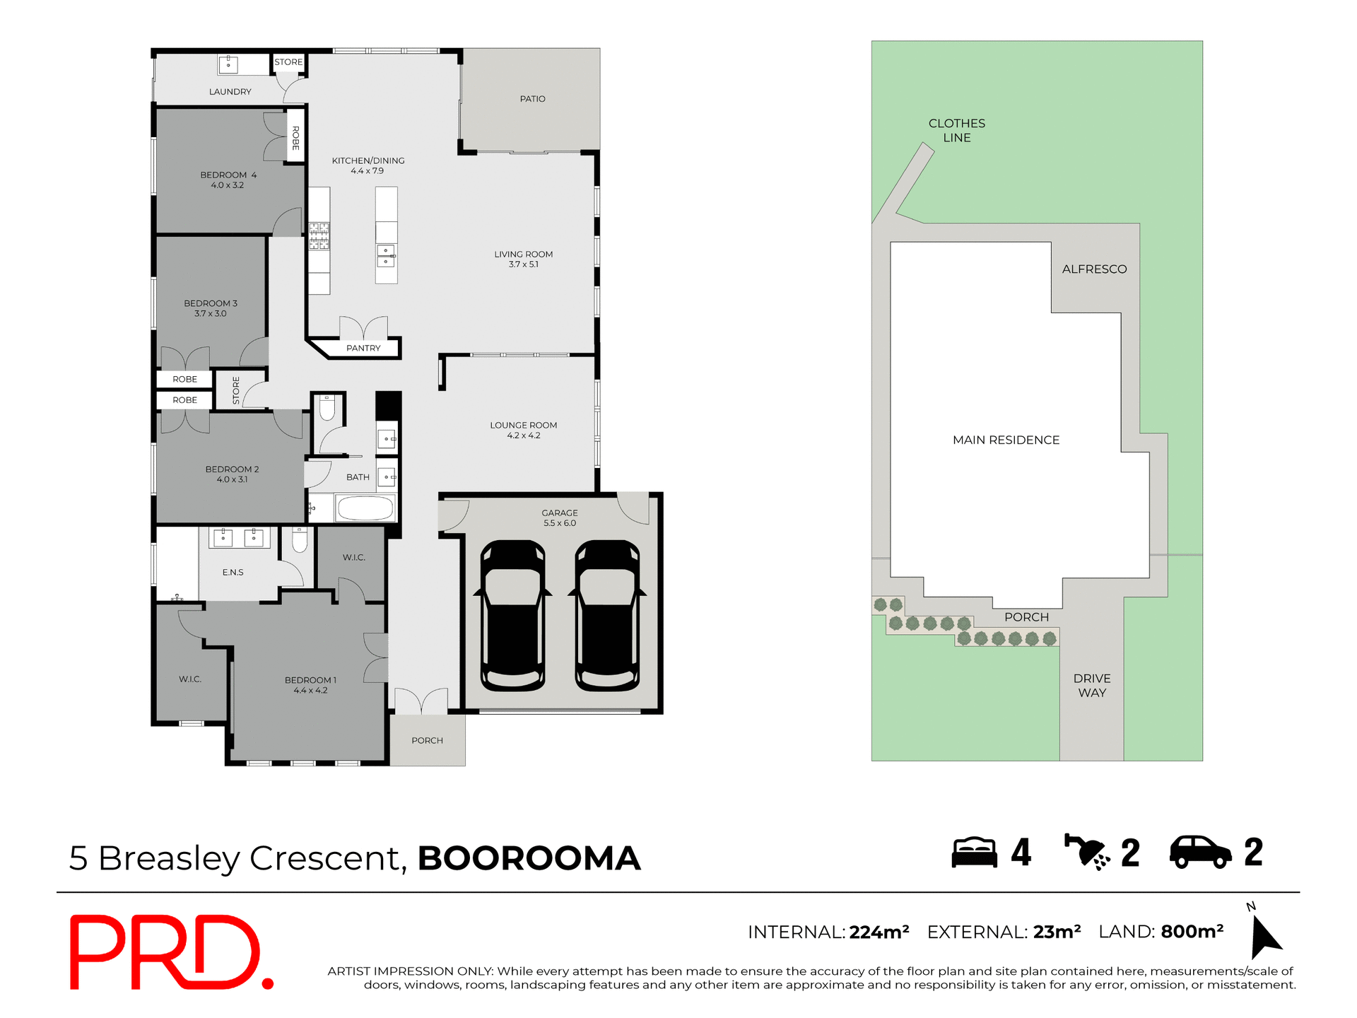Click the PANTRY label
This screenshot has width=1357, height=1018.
[x=363, y=348]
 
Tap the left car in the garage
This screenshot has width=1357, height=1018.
[x=512, y=616]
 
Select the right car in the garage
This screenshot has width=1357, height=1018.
[x=607, y=616]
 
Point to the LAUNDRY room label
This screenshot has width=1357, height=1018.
[x=230, y=92]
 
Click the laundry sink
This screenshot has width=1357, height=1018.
[x=228, y=65]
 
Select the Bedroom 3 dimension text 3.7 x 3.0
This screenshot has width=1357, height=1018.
[x=211, y=314]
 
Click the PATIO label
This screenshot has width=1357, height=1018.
[x=532, y=99]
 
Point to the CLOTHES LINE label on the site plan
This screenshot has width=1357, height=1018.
[x=956, y=131]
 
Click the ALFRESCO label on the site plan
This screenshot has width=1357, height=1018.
[x=1094, y=269]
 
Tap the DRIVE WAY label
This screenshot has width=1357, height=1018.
[x=1092, y=686]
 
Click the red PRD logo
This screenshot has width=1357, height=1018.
[x=170, y=952]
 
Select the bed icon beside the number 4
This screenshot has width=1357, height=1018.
[x=974, y=852]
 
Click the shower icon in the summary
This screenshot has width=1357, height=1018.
[x=1086, y=852]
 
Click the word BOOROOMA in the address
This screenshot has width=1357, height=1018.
[x=529, y=858]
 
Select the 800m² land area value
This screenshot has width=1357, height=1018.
[x=1192, y=932]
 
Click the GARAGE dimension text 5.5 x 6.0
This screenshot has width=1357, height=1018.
[x=560, y=524]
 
